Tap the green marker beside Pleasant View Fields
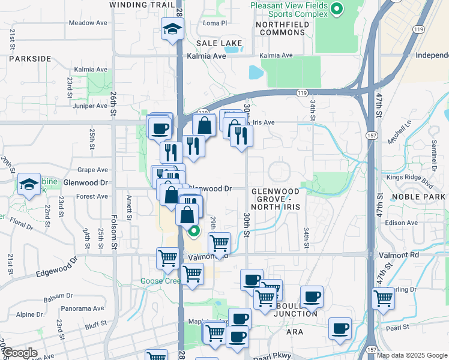click(x=337, y=8)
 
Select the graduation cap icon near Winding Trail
click(x=172, y=28)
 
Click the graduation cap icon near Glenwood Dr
click(x=29, y=185)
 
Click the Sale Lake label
click(x=220, y=43)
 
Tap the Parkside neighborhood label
click(x=29, y=59)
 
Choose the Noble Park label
click(x=420, y=197)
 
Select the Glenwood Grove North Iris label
click(x=275, y=199)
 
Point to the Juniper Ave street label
click(x=89, y=106)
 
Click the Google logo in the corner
click(x=20, y=353)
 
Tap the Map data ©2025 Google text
click(x=411, y=355)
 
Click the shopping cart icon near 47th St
click(x=383, y=298)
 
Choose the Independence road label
click(x=432, y=56)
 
